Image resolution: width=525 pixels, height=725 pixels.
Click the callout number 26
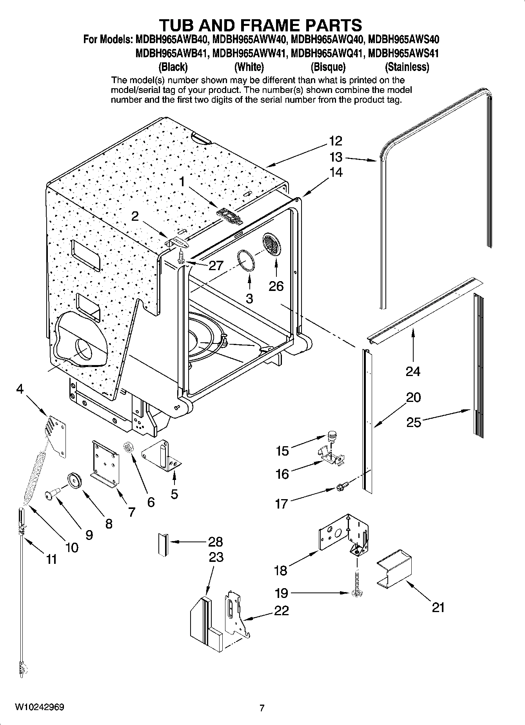[276, 286]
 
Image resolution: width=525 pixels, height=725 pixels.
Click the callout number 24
[413, 371]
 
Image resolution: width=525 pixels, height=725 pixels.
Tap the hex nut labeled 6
[127, 447]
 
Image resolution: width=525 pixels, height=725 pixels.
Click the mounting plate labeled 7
[105, 463]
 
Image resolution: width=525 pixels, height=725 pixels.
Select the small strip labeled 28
[163, 543]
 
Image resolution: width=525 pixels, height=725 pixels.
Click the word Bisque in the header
[328, 67]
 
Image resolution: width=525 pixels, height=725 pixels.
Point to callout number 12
[336, 141]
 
